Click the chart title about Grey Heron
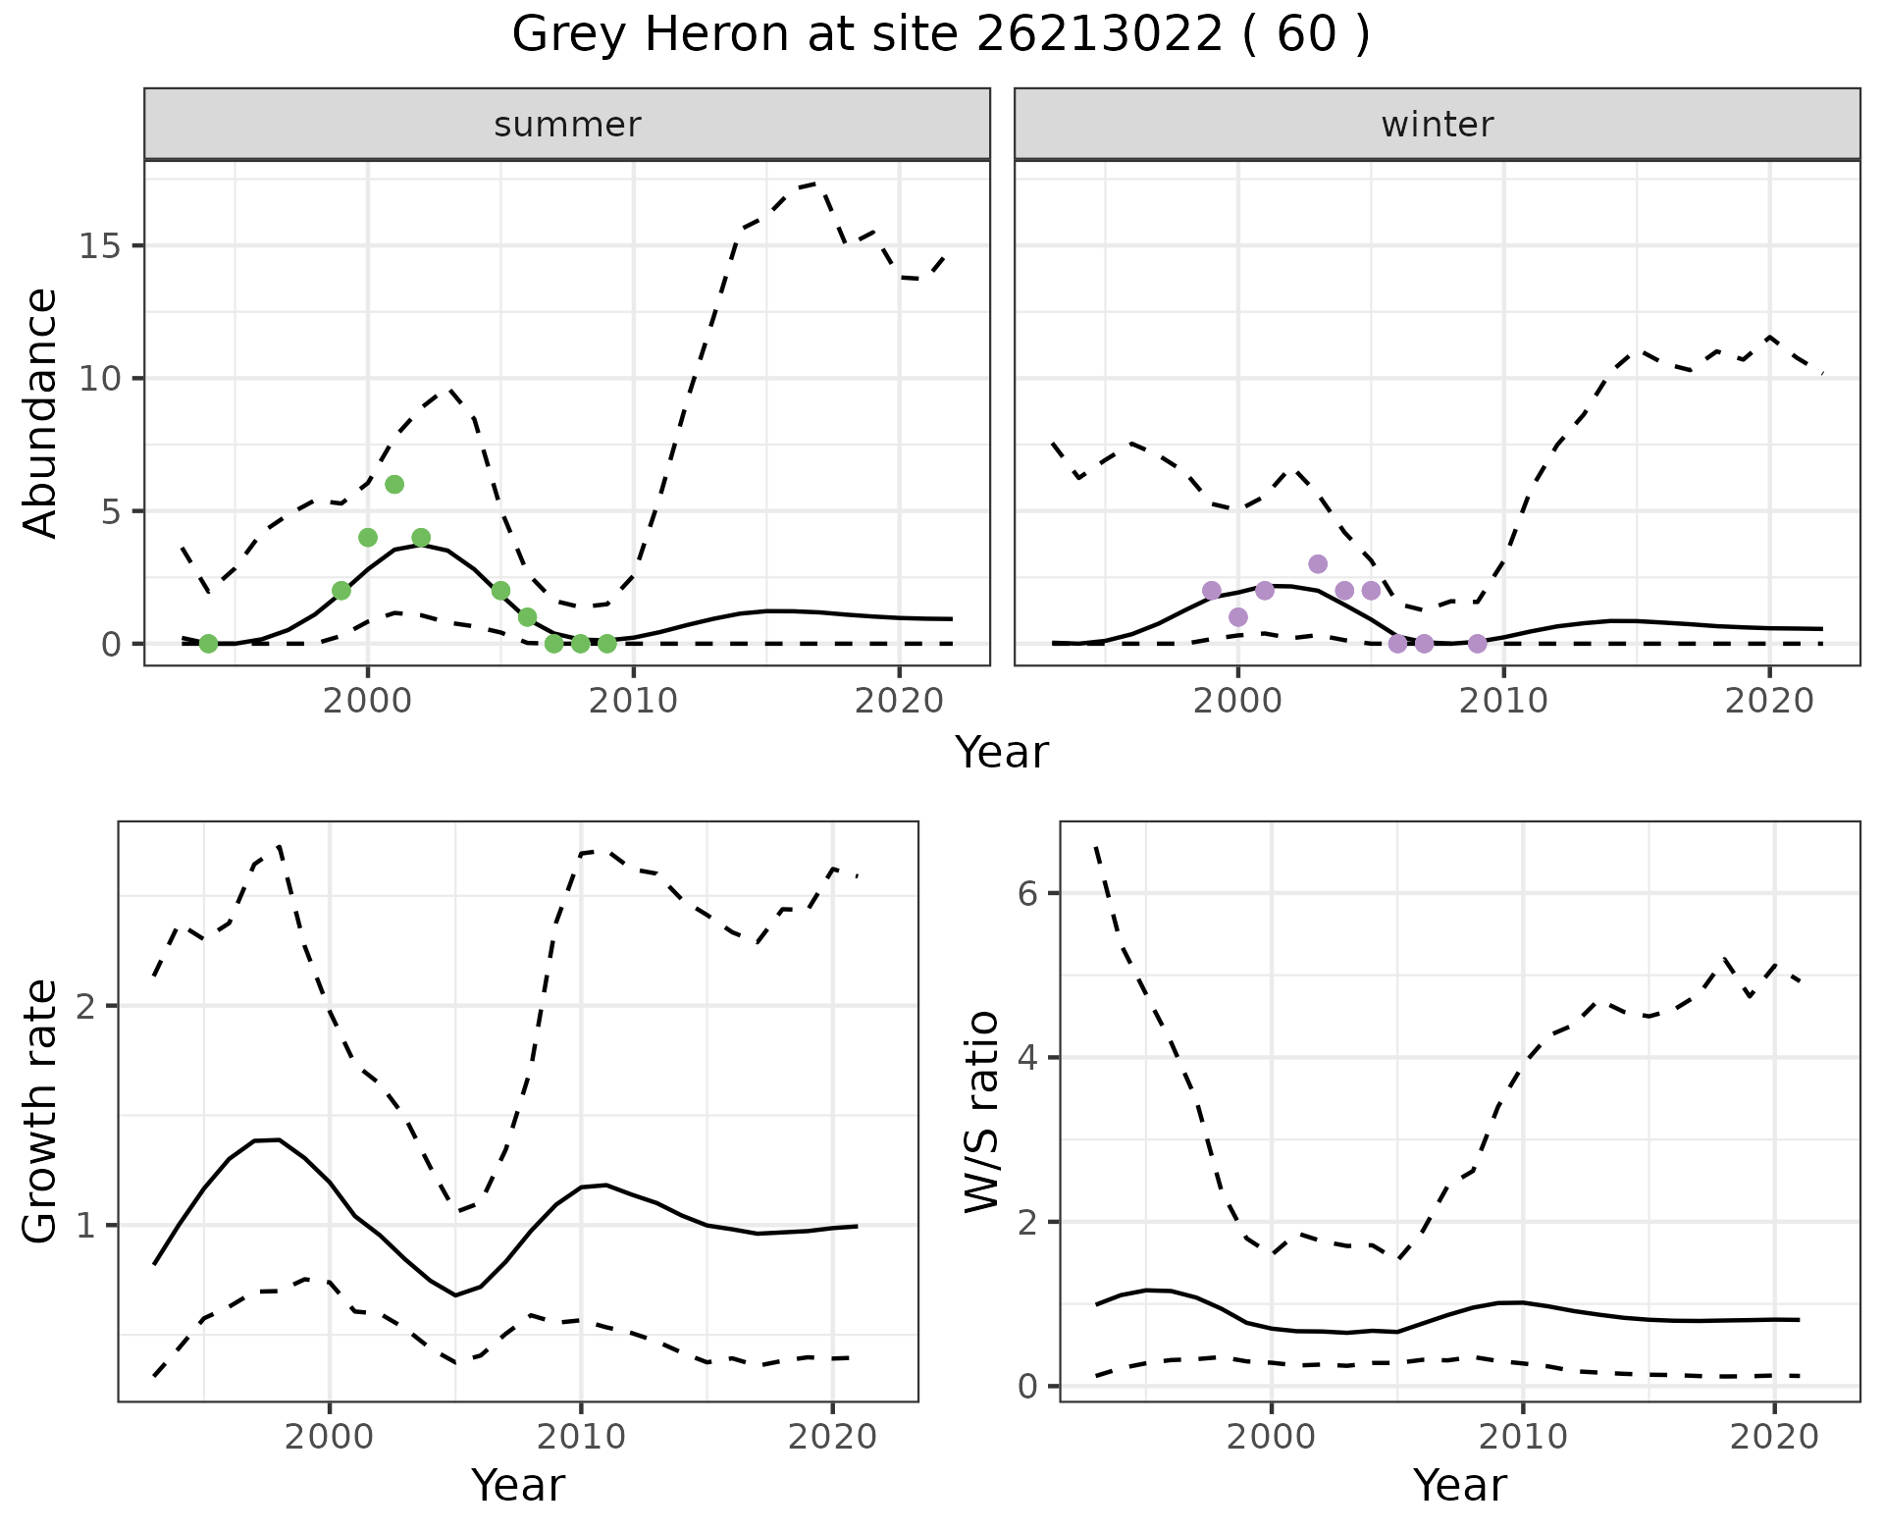[x=941, y=35]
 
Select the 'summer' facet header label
[x=567, y=125]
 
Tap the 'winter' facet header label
[x=1437, y=125]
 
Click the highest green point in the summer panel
[x=394, y=484]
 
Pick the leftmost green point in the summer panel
[x=208, y=644]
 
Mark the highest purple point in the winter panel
[x=1318, y=564]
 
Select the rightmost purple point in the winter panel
[x=1477, y=644]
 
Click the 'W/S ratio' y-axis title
[x=982, y=1112]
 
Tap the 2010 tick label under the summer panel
[x=634, y=701]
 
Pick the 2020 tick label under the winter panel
[x=1769, y=701]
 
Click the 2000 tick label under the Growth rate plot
[x=330, y=1437]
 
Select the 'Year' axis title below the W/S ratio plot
[x=1460, y=1486]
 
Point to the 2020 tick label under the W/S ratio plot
[x=1774, y=1437]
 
